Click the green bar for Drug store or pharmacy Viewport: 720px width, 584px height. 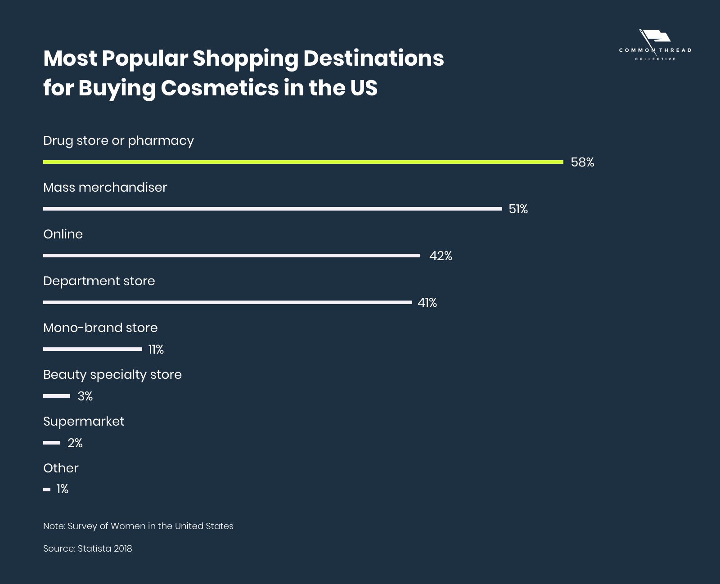[x=303, y=162]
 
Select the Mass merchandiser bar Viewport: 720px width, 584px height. [x=272, y=209]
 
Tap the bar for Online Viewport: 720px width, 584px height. [x=231, y=256]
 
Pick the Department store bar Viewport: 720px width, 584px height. [x=227, y=302]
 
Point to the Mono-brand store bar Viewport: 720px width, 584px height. [x=92, y=349]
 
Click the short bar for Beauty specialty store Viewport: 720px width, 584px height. [x=57, y=396]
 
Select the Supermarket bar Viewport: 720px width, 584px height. [x=52, y=443]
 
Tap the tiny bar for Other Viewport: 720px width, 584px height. [x=47, y=489]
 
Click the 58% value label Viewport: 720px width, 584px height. [x=582, y=162]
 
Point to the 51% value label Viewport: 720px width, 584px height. [x=518, y=209]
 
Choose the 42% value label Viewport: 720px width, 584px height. [x=441, y=256]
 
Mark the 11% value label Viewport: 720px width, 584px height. [x=156, y=350]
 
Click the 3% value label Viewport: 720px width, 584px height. [x=85, y=396]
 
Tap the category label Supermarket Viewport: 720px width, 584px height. [x=84, y=422]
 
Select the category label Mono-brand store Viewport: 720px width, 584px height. [x=100, y=328]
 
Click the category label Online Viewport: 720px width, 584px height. [x=63, y=234]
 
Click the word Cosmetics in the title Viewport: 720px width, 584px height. [x=220, y=88]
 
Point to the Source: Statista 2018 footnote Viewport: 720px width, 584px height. [x=88, y=548]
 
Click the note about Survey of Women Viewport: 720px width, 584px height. [x=138, y=526]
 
